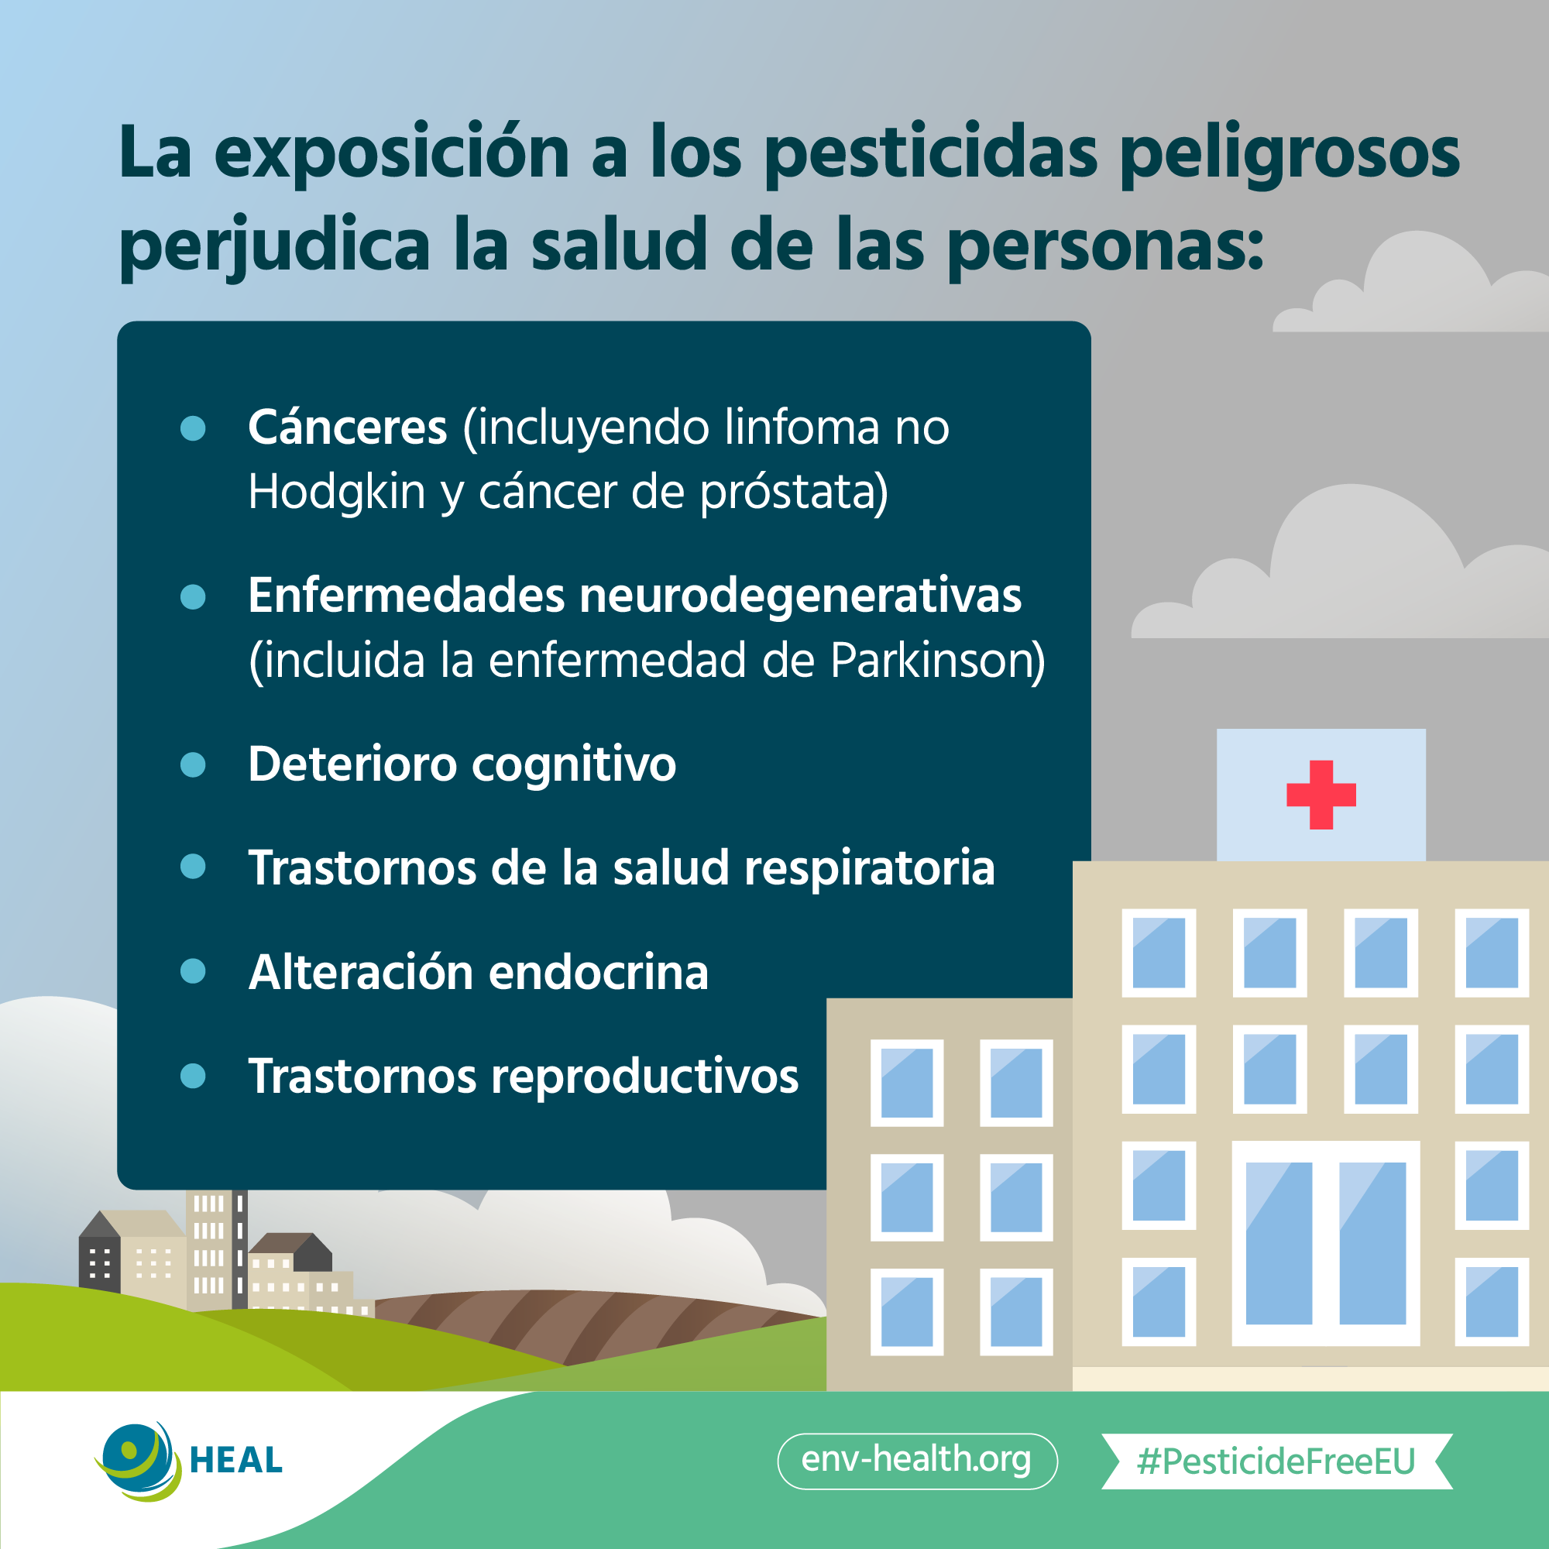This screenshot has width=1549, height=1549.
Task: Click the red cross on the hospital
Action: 1321,795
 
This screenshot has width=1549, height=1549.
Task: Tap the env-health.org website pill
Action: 917,1461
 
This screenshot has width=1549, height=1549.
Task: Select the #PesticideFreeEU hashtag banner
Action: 1276,1461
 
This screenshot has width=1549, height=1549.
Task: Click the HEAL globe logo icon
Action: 138,1461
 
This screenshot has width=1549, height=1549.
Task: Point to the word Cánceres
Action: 347,427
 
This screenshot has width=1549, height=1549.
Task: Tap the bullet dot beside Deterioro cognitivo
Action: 193,764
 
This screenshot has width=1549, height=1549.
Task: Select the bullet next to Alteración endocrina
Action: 193,971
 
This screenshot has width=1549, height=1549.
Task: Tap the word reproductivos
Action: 644,1077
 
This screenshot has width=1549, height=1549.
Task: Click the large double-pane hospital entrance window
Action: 1325,1244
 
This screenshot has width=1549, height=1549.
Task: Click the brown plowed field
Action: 586,1323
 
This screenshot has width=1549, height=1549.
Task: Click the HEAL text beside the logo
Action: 235,1461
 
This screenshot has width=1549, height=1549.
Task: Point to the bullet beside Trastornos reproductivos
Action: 193,1075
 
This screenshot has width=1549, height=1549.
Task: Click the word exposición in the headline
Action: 392,155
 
